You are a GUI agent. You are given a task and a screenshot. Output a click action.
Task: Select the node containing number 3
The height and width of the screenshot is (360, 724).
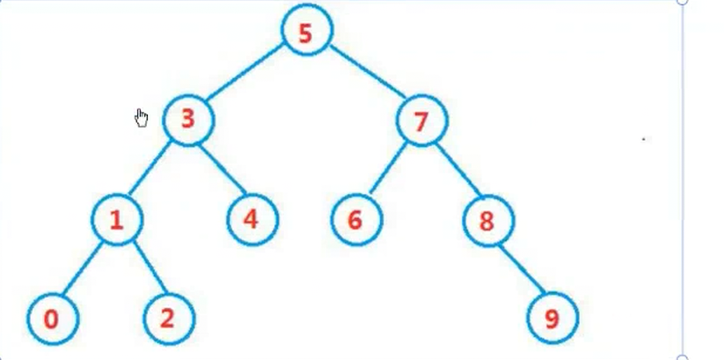(x=188, y=119)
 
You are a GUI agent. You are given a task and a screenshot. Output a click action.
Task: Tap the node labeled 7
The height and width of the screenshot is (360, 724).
(x=421, y=121)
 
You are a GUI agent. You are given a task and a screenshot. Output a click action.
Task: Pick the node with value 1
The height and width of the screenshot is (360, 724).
(x=117, y=219)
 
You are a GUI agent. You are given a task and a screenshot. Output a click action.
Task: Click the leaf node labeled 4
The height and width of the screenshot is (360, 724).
(x=252, y=217)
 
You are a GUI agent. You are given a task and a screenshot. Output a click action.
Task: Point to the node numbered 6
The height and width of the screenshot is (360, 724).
(x=356, y=219)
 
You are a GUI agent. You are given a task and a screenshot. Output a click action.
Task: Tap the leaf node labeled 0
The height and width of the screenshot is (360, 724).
(x=52, y=319)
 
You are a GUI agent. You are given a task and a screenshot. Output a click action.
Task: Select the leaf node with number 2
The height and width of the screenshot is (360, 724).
(x=168, y=318)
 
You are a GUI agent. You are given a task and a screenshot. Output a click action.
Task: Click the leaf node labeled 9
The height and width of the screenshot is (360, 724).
(x=552, y=318)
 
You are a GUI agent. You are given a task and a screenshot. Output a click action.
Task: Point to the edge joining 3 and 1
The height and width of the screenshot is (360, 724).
(x=152, y=170)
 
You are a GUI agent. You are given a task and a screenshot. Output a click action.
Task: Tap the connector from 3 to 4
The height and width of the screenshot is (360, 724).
(x=221, y=169)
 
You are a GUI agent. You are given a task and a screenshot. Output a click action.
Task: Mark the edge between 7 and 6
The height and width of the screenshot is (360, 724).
(x=388, y=171)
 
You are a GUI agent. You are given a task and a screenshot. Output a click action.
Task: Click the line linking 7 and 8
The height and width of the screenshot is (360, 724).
(x=455, y=171)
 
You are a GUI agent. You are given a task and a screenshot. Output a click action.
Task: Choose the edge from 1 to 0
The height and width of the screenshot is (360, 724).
(x=84, y=269)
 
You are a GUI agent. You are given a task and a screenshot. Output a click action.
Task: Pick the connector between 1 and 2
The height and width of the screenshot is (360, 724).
(x=143, y=269)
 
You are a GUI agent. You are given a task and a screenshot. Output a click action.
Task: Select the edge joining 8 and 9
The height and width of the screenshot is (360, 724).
(x=521, y=269)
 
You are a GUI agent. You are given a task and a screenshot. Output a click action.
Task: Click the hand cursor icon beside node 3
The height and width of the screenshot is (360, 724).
(x=142, y=118)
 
